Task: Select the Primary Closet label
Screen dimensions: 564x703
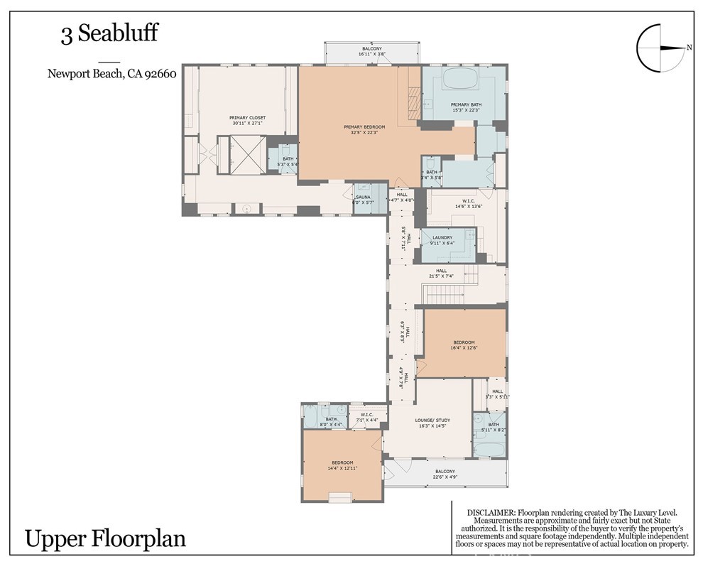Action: coord(247,120)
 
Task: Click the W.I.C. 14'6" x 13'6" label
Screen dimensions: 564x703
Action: coord(449,204)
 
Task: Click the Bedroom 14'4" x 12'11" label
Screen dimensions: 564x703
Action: coord(341,465)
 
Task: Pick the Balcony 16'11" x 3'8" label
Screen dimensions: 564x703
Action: coord(372,51)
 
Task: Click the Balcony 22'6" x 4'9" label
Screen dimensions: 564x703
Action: coord(445,474)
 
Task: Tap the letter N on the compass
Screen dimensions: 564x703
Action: coord(689,48)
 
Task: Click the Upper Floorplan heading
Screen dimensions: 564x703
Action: coord(106,538)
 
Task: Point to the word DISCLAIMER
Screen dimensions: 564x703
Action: coord(490,512)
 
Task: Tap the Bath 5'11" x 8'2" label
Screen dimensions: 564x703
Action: coord(493,428)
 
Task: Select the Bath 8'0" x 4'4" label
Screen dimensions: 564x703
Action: coord(331,422)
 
